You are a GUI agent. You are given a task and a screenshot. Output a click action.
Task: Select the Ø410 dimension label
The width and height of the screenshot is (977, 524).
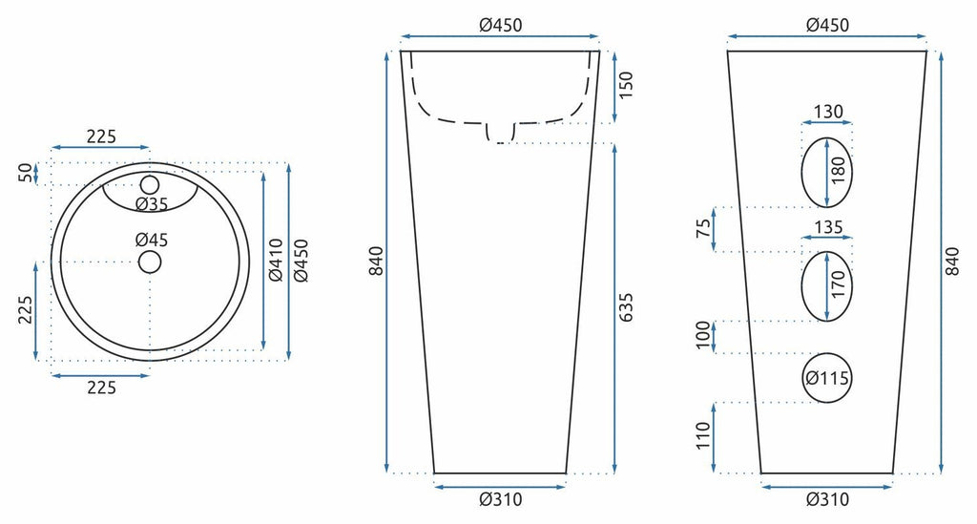click(276, 260)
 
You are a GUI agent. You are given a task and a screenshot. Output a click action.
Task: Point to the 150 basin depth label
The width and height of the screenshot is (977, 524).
click(625, 85)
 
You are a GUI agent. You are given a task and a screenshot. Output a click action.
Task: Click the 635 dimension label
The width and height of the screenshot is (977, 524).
click(625, 307)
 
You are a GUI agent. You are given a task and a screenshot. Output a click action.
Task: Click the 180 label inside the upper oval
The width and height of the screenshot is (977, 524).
click(839, 171)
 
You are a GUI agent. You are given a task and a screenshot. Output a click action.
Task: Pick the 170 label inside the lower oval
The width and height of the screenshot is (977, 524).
click(839, 284)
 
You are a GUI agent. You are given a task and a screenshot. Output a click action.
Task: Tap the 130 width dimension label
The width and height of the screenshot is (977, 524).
click(828, 112)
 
